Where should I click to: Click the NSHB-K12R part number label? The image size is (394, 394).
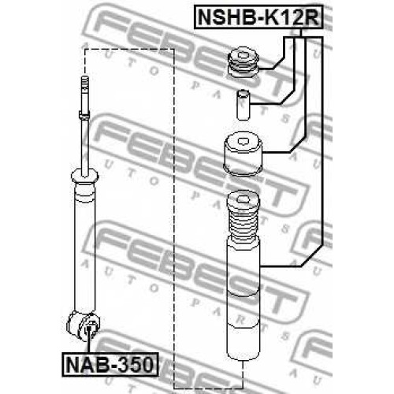pyautogui.click(x=258, y=17)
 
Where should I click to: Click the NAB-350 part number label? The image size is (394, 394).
pyautogui.click(x=110, y=365)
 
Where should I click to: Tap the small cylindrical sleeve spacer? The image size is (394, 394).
pyautogui.click(x=243, y=105)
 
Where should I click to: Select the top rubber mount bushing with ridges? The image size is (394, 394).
pyautogui.click(x=243, y=63)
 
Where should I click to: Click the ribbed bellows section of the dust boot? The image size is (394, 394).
pyautogui.click(x=243, y=222)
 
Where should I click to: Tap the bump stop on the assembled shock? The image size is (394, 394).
pyautogui.click(x=84, y=193)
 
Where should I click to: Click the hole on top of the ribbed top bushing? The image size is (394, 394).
pyautogui.click(x=243, y=55)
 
